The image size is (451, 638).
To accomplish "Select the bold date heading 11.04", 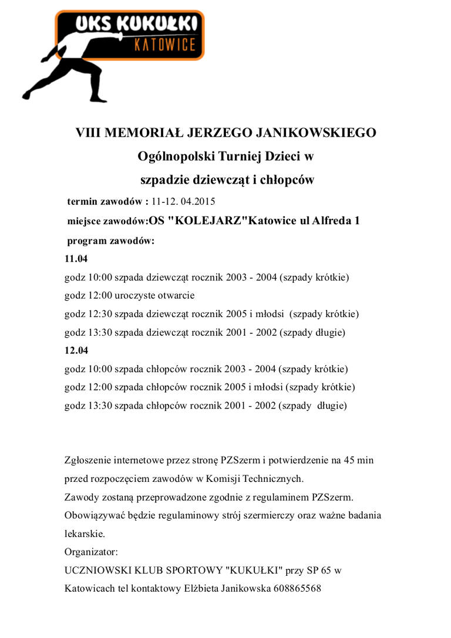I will click(x=76, y=258).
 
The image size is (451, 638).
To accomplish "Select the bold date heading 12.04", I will click(x=76, y=350).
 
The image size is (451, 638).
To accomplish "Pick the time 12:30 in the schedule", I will click(x=100, y=314).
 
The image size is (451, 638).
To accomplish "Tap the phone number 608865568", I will click(x=297, y=588).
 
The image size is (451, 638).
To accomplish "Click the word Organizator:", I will click(x=91, y=552).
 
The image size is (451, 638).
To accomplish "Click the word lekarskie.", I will click(x=85, y=534).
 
